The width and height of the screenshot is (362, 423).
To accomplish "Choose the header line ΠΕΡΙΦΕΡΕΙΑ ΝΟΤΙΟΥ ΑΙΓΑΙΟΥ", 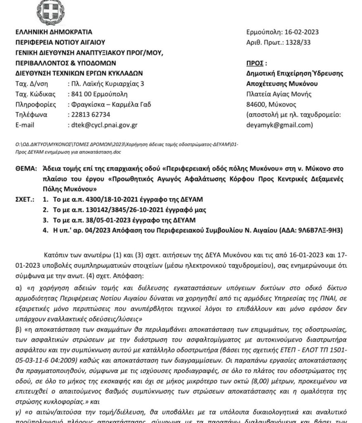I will (60, 42).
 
